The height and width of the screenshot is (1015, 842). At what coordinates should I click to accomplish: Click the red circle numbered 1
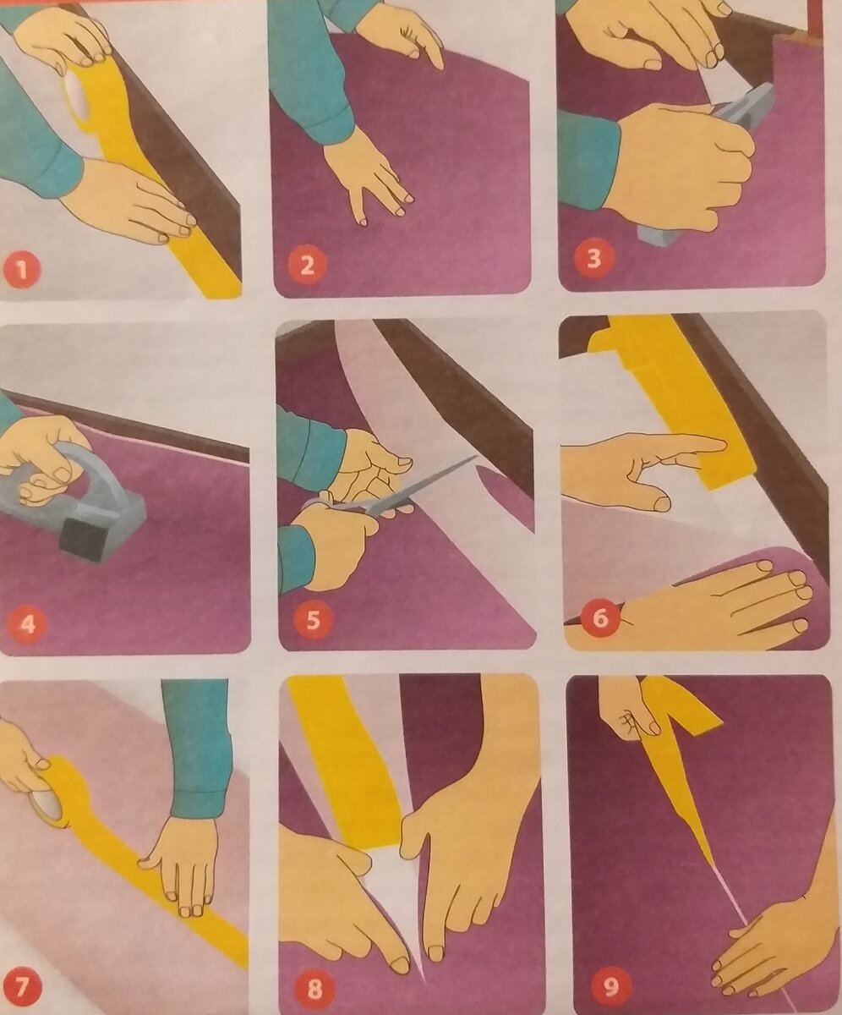click(20, 269)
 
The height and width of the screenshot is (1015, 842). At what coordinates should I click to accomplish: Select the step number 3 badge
click(593, 259)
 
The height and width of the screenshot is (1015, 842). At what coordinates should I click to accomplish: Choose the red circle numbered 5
click(314, 620)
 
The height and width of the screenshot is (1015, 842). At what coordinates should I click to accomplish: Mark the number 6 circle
click(600, 619)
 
